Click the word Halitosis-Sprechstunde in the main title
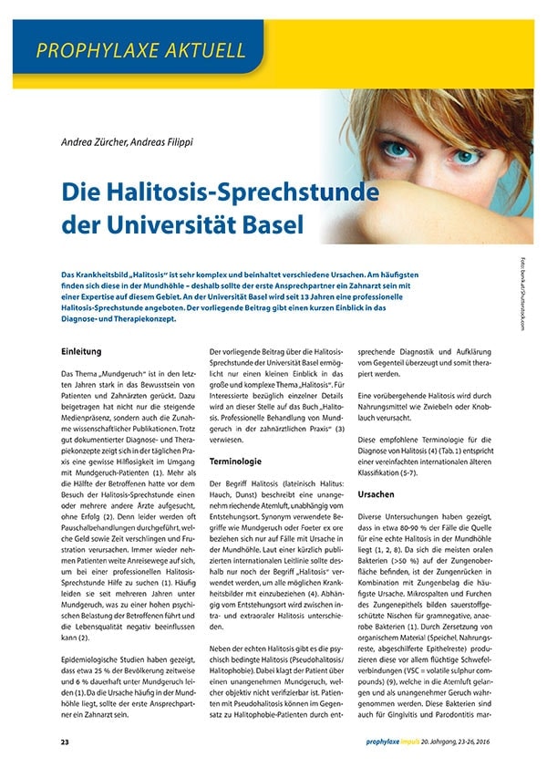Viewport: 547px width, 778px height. pyautogui.click(x=240, y=192)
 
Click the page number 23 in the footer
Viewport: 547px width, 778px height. pyautogui.click(x=65, y=744)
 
